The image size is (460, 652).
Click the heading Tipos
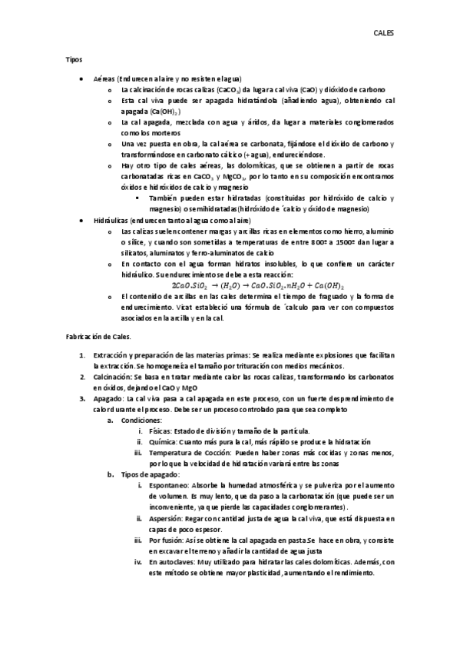(x=74, y=59)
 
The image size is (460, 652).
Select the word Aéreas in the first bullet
(x=104, y=79)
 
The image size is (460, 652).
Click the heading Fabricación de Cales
(x=98, y=337)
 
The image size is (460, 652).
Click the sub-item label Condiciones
(x=140, y=421)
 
